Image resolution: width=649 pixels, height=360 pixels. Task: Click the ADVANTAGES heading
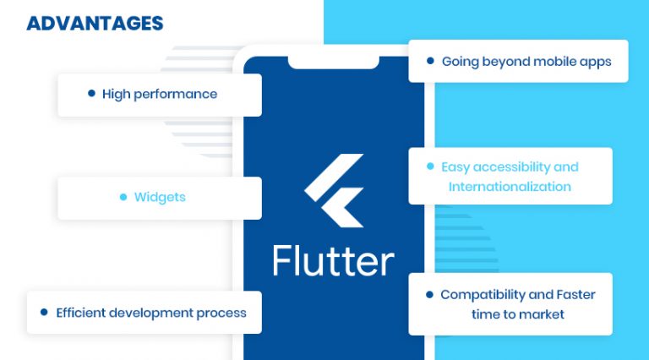[95, 23]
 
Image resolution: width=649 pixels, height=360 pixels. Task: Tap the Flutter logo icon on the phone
[334, 190]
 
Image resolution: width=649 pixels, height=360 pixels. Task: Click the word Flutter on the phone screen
[333, 260]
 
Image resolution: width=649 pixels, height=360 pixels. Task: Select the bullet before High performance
[91, 94]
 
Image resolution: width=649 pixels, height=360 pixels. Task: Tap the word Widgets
[160, 197]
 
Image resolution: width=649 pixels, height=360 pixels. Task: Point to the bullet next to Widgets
[123, 197]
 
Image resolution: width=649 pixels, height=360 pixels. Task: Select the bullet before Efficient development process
[44, 312]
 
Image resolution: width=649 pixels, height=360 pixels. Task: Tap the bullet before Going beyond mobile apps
[430, 61]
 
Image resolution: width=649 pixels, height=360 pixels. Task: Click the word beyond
[511, 62]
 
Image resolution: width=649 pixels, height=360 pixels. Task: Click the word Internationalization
[510, 187]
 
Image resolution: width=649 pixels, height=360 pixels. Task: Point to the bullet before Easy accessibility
[429, 166]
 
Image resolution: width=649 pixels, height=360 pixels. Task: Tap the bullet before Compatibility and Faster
[429, 295]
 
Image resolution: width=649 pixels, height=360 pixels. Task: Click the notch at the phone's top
[333, 61]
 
